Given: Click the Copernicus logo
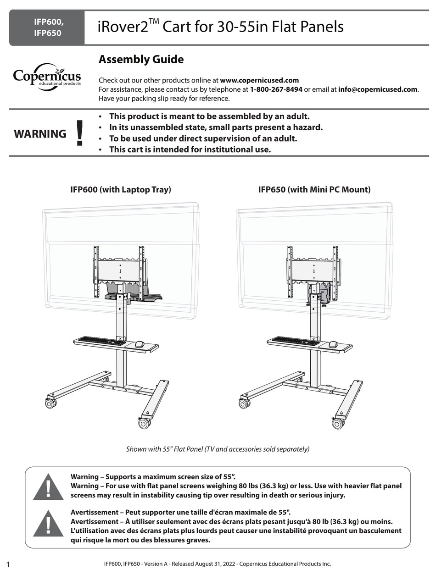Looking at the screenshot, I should [47, 76].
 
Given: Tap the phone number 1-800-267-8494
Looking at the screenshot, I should [276, 89].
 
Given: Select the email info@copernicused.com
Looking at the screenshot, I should [378, 89].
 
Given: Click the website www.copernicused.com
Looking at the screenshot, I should [259, 80].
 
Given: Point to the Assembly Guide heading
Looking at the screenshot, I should [141, 60].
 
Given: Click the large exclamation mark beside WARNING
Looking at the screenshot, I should [80, 133].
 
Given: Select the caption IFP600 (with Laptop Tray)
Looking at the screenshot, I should [120, 189].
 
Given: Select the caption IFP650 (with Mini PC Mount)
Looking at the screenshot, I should [314, 189].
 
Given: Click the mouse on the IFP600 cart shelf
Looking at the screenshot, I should [140, 344].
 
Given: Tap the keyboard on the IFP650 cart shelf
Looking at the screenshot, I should [294, 341].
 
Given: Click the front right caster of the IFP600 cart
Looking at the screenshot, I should [144, 423].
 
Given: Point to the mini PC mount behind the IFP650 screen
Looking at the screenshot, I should [321, 294].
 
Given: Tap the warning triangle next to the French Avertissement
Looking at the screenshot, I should [48, 522].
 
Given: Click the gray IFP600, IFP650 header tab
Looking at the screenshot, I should [47, 28].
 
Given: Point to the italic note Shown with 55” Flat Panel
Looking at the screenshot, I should [218, 449].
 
